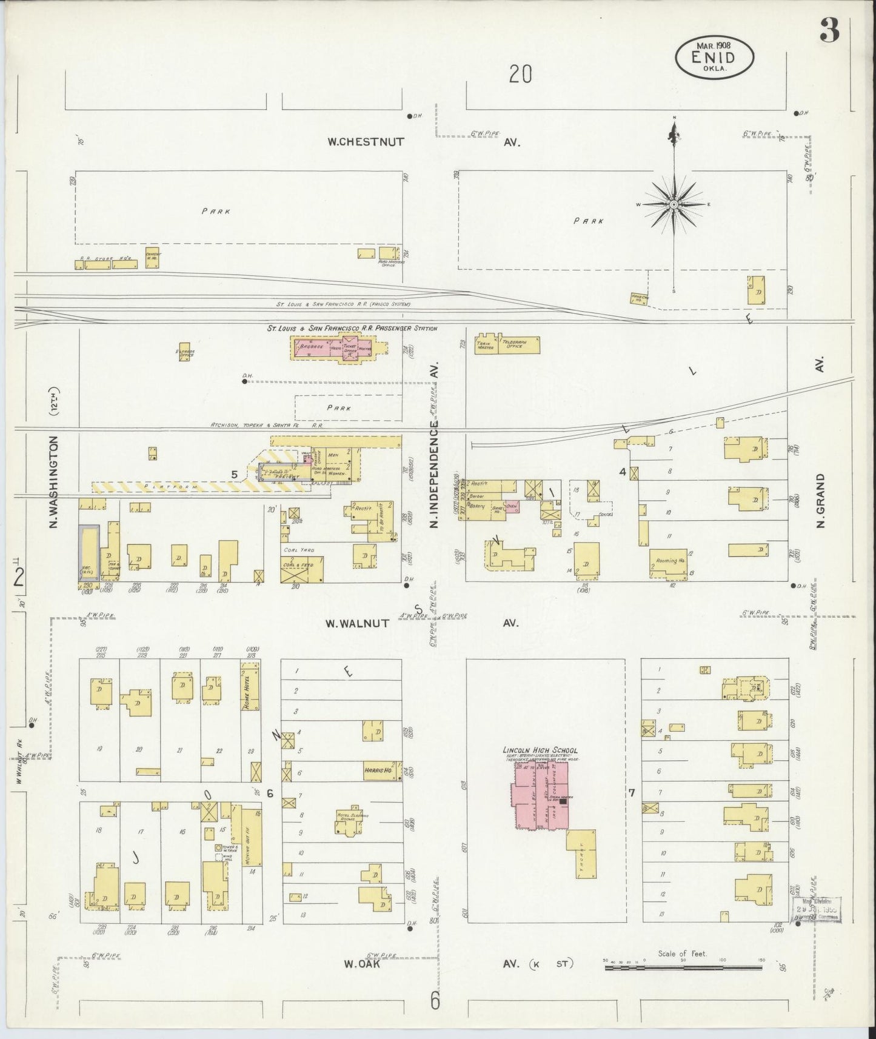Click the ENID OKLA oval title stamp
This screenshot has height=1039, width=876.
pyautogui.click(x=715, y=56)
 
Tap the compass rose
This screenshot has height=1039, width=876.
pyautogui.click(x=674, y=205)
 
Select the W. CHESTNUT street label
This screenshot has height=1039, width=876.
pyautogui.click(x=366, y=142)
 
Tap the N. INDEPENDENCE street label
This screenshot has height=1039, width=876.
pyautogui.click(x=434, y=477)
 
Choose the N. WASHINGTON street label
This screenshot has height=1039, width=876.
pyautogui.click(x=54, y=481)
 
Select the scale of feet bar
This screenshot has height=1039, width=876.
pyautogui.click(x=683, y=968)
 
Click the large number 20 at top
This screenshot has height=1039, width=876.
pyautogui.click(x=520, y=74)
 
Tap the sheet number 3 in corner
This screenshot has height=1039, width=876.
pyautogui.click(x=830, y=30)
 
